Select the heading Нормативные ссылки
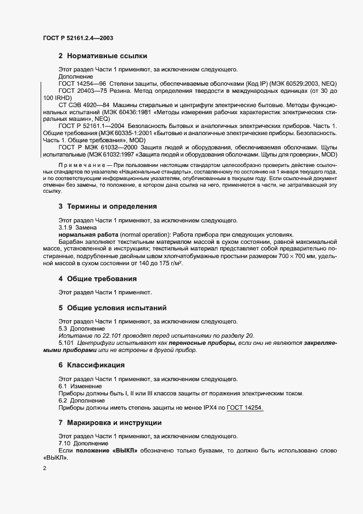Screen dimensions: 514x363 (x=107, y=56)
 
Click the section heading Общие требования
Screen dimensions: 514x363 (x=102, y=278)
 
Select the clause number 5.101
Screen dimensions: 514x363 (x=66, y=343)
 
